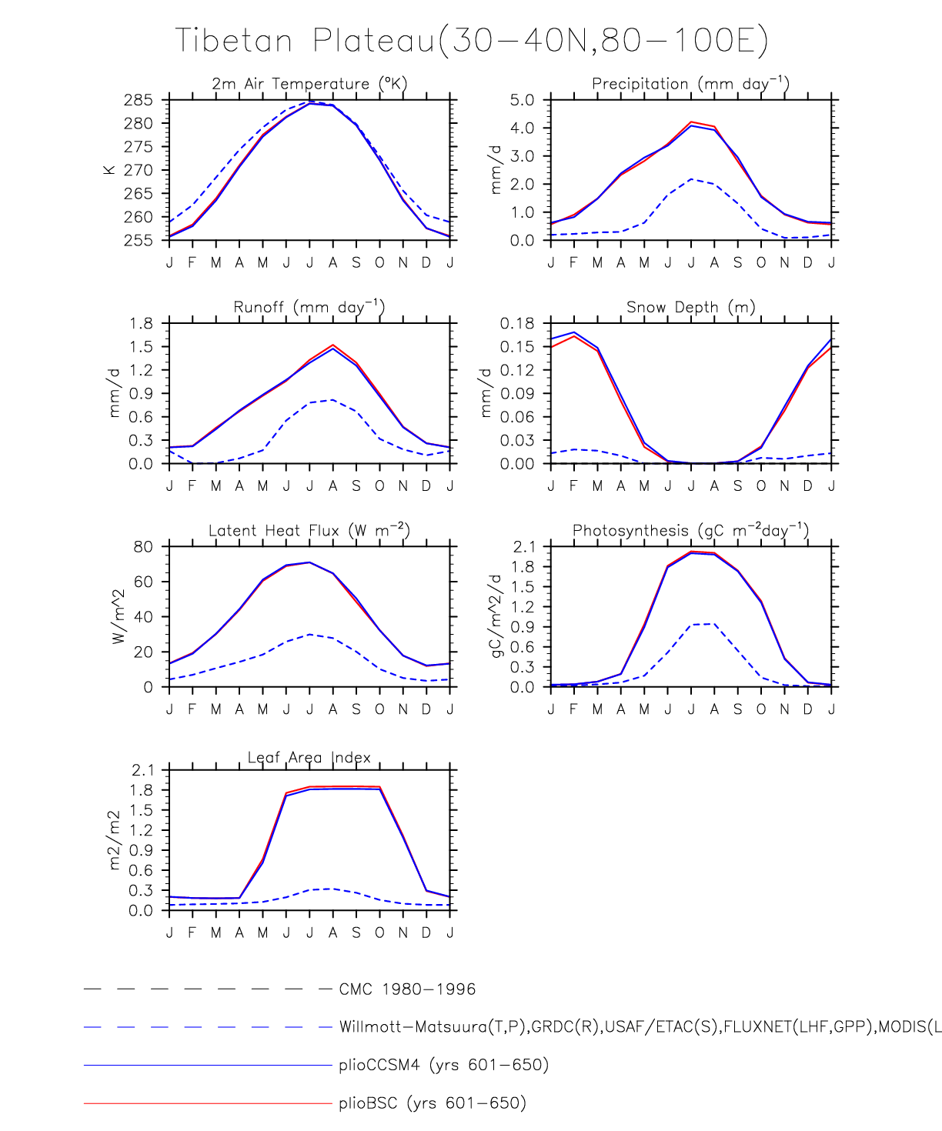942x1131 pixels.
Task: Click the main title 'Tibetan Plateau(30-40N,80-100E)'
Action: [471, 40]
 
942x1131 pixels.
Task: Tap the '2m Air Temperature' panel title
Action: [309, 84]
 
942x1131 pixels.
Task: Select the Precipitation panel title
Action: [690, 84]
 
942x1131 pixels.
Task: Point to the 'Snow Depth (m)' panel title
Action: [690, 308]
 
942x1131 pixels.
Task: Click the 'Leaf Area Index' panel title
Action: [309, 758]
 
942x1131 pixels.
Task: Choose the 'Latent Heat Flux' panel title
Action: [309, 531]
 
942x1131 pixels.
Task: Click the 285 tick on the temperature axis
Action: [139, 100]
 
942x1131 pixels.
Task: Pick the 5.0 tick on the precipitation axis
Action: [522, 100]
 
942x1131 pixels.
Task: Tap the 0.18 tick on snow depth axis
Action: [517, 323]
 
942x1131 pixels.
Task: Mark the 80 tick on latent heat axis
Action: [143, 547]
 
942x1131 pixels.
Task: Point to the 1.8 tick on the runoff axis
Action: [141, 323]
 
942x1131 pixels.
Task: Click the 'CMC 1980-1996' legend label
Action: [407, 989]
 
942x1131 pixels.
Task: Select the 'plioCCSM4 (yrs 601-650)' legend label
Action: [443, 1066]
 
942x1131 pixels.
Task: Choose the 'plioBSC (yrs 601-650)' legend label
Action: [432, 1103]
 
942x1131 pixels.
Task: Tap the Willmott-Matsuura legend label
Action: [639, 1027]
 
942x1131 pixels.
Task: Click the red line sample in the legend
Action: [208, 1103]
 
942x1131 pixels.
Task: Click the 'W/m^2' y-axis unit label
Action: [118, 616]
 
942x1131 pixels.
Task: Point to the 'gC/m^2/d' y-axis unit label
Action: [496, 616]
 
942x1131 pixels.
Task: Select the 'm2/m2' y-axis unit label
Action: [115, 840]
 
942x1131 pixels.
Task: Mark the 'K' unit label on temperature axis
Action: [109, 170]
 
